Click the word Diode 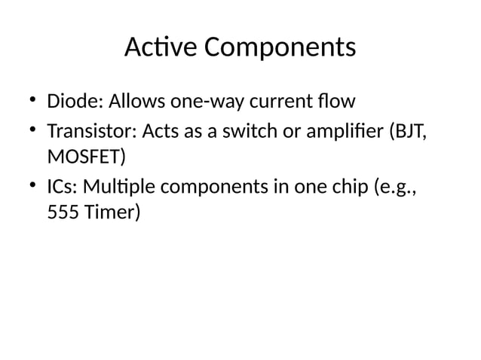(x=69, y=102)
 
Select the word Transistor (x=88, y=133)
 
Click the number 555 (x=61, y=213)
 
